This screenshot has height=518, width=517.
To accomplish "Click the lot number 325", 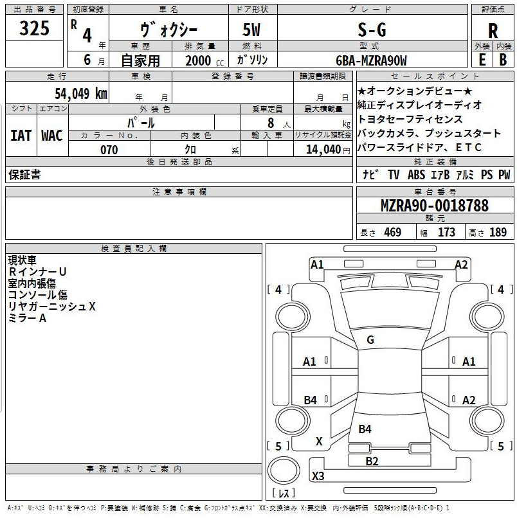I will [35, 28].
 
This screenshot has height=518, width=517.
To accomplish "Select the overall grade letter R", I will [493, 30].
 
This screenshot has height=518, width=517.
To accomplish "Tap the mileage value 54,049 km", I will [81, 93].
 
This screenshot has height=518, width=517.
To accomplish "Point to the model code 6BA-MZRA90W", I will [371, 60].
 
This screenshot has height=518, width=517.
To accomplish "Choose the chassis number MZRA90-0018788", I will [434, 206].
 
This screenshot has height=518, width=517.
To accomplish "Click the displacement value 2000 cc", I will [204, 60].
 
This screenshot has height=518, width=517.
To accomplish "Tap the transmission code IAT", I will [21, 136].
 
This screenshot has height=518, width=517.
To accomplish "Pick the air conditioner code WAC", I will [51, 136].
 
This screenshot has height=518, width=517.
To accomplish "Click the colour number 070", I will [109, 150].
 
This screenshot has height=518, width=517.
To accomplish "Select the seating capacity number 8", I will [271, 122].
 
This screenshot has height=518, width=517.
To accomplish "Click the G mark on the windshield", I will [370, 340].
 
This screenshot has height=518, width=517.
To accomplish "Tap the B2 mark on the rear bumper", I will [372, 461].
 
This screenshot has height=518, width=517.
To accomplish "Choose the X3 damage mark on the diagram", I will [318, 476].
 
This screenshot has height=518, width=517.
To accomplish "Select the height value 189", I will [498, 233].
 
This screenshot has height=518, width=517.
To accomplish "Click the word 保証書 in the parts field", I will [24, 175].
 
